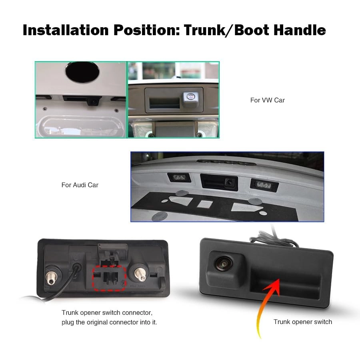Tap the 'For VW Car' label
[267, 100]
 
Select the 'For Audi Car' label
[80, 185]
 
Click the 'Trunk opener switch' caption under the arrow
[302, 322]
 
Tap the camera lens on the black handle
[221, 263]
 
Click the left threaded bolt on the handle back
[52, 276]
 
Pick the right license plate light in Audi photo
[264, 184]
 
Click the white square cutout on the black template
[204, 203]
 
